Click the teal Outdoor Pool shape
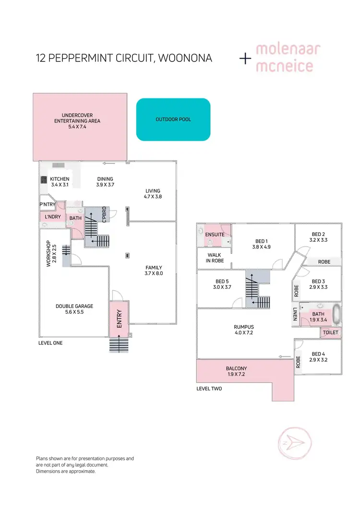173,119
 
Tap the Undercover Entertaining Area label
77,120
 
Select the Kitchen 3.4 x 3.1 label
60,182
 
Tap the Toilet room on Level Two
331,332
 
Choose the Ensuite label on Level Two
215,235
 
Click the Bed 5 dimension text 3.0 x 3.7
221,287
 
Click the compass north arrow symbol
293,441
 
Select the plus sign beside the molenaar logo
245,59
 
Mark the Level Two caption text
209,389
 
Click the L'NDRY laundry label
51,218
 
